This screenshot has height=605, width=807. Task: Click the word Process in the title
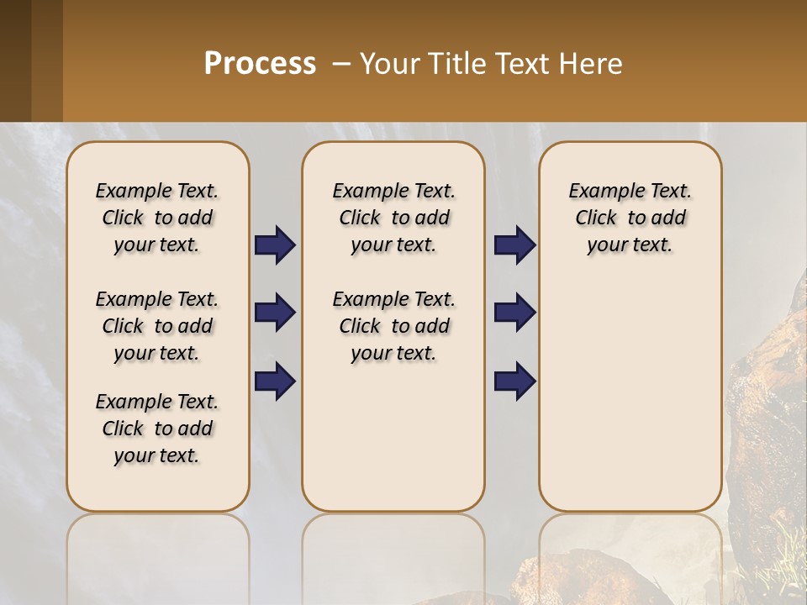point(260,64)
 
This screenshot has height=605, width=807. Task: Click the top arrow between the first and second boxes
point(275,245)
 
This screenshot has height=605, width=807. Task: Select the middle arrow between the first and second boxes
point(275,313)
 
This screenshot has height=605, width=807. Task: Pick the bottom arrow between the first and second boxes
point(275,381)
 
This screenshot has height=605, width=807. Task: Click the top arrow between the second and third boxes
point(514,245)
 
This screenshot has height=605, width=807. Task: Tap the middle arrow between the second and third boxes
point(514,313)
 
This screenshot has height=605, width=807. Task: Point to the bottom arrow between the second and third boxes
point(514,381)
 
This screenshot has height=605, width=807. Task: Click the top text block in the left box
point(157,218)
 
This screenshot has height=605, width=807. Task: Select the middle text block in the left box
point(157,326)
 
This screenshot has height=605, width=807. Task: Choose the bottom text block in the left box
point(157,429)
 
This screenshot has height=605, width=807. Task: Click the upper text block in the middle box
point(394,218)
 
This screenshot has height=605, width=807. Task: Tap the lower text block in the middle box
point(394,326)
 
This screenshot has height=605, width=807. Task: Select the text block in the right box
point(630,218)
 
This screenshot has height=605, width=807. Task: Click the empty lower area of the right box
point(630,395)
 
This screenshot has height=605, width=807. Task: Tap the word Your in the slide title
point(390,64)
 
